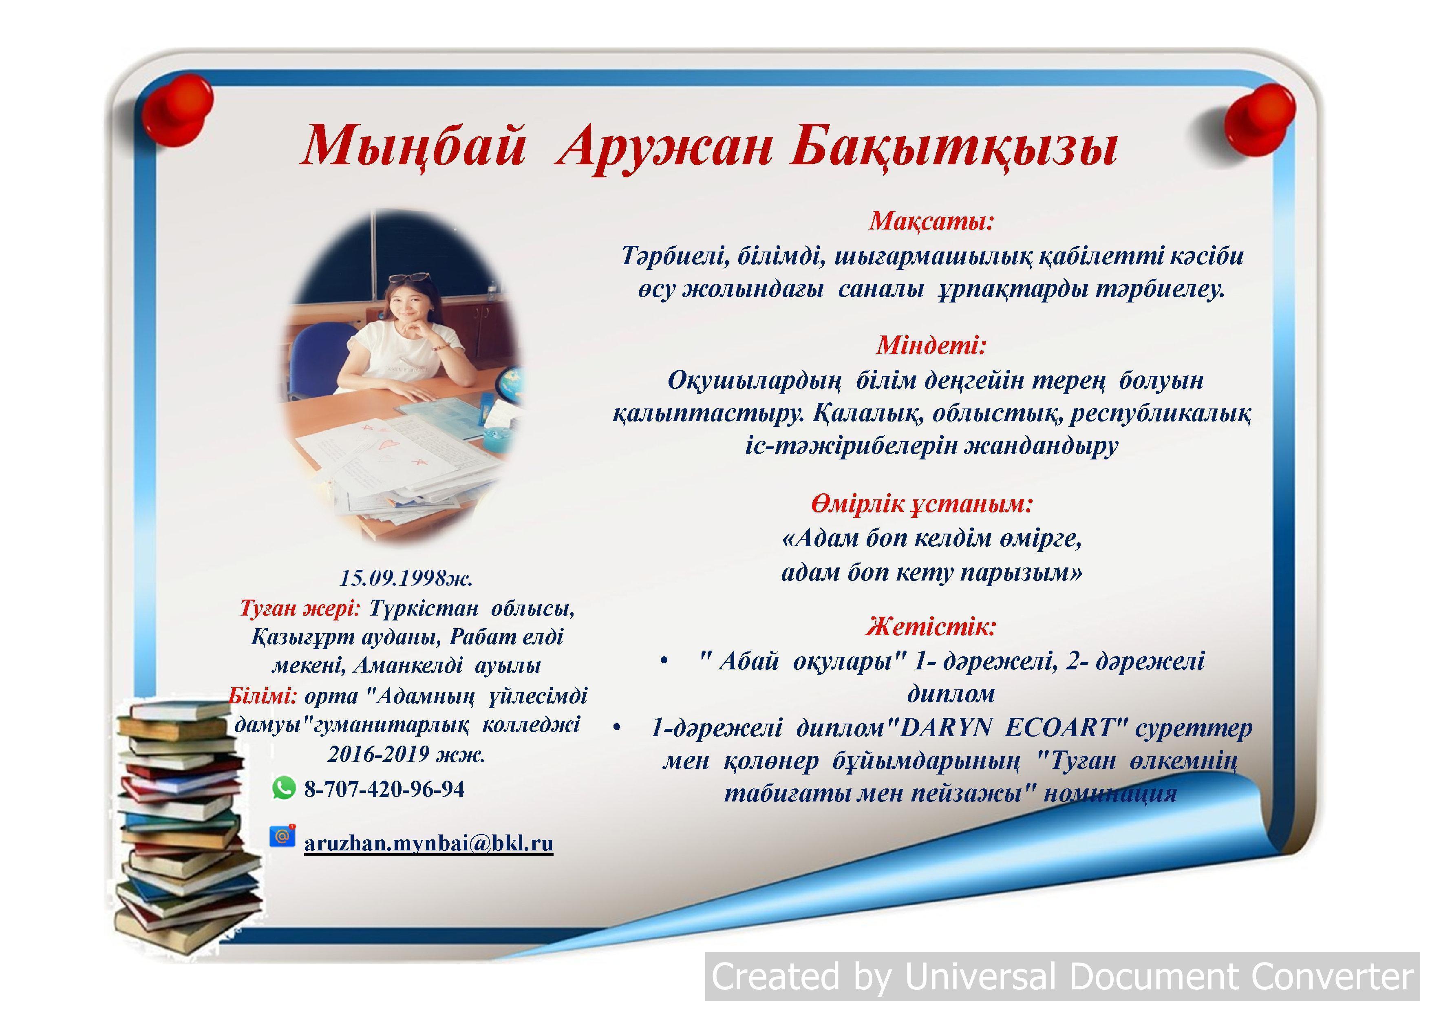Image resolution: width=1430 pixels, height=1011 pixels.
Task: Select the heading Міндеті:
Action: pyautogui.click(x=931, y=345)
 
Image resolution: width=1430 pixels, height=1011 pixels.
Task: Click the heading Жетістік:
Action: pyautogui.click(x=931, y=626)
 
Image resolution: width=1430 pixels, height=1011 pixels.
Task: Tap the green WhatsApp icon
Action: pyautogui.click(x=284, y=788)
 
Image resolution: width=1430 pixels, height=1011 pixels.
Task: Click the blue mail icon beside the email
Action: pyautogui.click(x=282, y=835)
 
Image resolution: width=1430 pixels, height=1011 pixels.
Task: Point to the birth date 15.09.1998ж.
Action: pyautogui.click(x=406, y=578)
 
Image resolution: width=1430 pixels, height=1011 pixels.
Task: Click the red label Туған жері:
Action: pyautogui.click(x=300, y=608)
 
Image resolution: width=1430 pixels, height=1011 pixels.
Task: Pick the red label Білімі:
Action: pyautogui.click(x=263, y=695)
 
